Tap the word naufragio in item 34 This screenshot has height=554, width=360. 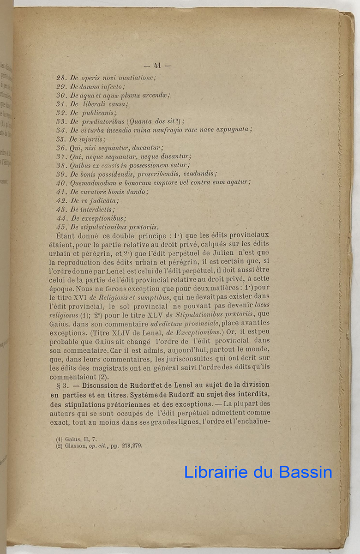[184, 130]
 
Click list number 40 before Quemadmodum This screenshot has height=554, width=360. [62, 182]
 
